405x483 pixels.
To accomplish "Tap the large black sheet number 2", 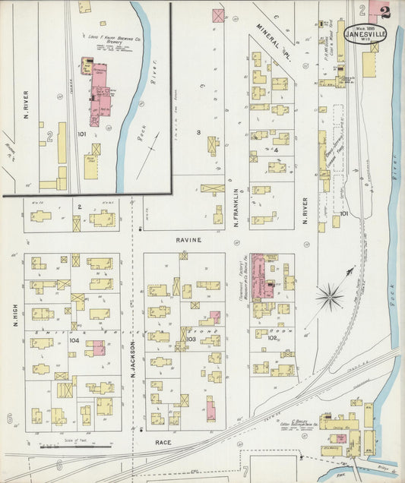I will point(386,12).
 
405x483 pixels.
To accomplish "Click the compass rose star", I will point(329,295).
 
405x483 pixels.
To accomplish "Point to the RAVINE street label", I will point(190,239).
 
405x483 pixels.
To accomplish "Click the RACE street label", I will point(163,441).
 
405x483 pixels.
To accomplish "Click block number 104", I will point(74,341).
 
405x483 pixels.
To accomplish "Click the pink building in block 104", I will point(95,348).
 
